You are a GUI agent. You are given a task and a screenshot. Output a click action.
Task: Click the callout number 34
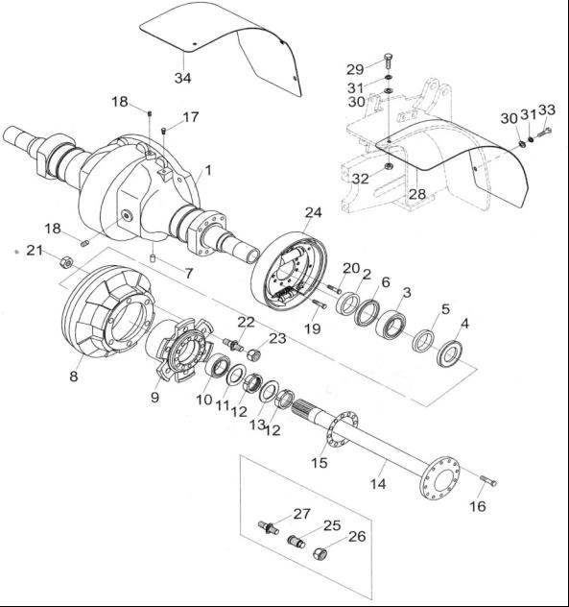[x=182, y=78]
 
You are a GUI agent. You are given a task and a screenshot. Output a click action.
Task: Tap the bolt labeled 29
[x=389, y=61]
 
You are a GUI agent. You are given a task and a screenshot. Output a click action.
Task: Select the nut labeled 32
[x=388, y=167]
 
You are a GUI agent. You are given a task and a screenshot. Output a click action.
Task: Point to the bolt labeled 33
[x=545, y=133]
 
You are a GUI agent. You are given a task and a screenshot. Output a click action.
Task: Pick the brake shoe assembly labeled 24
[x=289, y=272]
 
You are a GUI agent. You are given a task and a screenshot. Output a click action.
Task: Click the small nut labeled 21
[x=66, y=262]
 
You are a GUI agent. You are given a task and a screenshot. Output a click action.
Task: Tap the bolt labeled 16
[x=488, y=481]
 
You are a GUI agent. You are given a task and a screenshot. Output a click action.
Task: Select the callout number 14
[x=378, y=484]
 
